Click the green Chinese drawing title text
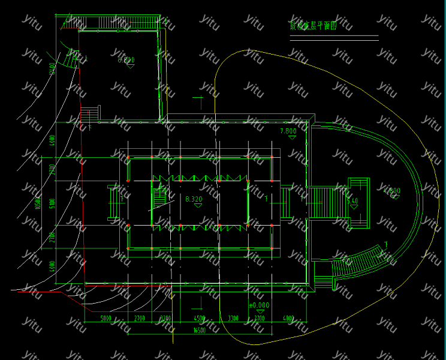point(312,26)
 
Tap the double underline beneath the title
point(334,38)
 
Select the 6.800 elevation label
point(126,60)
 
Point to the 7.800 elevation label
point(288,131)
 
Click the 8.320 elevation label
point(194,198)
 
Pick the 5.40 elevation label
point(353,201)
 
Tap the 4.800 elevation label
point(391,191)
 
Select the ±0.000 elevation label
point(259,305)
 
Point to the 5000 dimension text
point(107,318)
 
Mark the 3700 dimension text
point(259,318)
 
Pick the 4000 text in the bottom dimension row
point(288,318)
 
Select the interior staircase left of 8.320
point(160,196)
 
